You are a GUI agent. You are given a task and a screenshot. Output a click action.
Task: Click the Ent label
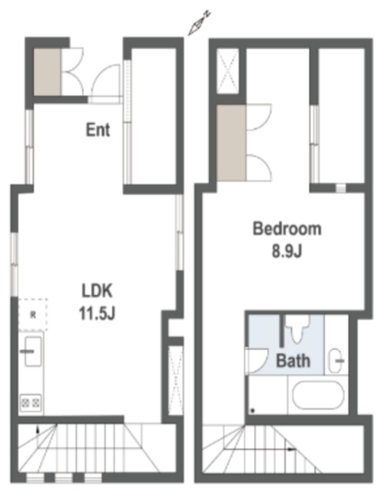coord(98,130)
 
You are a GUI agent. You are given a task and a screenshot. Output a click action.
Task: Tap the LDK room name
coord(97,291)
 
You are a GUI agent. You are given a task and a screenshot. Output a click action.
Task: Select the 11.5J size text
coord(97,313)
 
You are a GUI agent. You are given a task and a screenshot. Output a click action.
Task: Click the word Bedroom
coord(287,229)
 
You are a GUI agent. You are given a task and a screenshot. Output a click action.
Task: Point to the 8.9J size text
coord(287,251)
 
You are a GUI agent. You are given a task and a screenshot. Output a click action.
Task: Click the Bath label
coord(293,361)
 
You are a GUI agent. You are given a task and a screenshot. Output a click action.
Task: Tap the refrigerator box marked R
coord(32,315)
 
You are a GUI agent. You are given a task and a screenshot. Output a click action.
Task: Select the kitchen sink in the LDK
coord(32,351)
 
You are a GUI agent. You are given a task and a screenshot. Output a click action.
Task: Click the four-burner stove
coord(31,403)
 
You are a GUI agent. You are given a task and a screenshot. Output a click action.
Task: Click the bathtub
coord(318,395)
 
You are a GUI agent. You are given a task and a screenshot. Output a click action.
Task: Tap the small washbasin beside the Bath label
coord(335,361)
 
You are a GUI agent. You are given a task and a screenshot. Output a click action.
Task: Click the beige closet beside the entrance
coord(47,71)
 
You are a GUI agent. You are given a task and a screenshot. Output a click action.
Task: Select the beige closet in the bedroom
coord(231,143)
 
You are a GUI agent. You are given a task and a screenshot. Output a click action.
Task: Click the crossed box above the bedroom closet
coord(227,71)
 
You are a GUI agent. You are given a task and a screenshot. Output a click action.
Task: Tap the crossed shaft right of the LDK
coord(176,381)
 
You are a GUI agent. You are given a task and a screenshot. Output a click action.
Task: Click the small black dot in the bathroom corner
coord(252,410)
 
